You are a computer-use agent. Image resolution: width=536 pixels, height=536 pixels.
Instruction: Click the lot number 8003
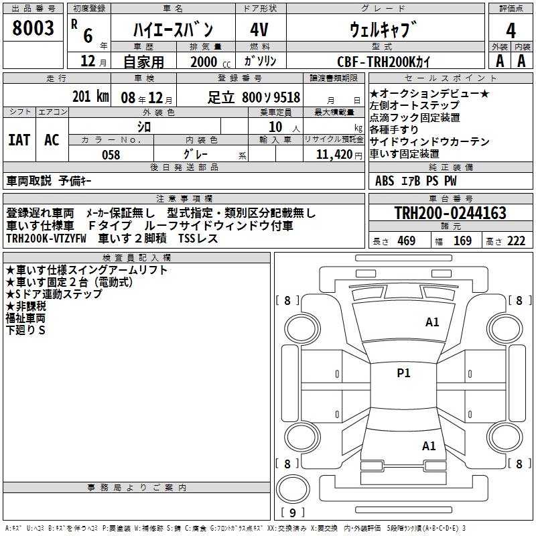click(33, 29)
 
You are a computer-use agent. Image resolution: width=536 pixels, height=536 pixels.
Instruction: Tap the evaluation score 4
click(511, 30)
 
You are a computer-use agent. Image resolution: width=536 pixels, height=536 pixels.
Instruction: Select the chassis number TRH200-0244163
click(450, 213)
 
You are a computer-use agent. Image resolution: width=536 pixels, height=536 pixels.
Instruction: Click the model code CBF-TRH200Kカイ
click(384, 61)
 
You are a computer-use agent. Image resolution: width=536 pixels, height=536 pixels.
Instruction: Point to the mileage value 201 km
click(90, 96)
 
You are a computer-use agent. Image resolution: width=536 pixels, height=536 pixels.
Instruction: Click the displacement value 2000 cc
click(205, 62)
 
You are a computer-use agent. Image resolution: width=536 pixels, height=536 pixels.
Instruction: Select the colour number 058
click(111, 155)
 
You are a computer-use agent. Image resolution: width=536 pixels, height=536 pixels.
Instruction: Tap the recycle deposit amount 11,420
click(334, 154)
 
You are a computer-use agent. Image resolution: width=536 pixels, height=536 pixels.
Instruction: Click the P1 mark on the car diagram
click(403, 373)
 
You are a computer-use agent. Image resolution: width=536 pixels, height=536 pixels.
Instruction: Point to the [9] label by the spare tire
click(293, 513)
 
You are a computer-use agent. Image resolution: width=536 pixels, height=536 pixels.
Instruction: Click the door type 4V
click(260, 30)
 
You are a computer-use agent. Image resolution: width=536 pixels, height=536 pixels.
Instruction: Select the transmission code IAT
click(19, 140)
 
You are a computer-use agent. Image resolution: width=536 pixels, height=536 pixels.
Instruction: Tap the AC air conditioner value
click(52, 140)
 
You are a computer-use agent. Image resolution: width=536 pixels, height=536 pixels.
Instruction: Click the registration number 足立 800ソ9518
click(253, 97)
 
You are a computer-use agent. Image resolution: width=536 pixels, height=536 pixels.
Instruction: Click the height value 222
click(516, 241)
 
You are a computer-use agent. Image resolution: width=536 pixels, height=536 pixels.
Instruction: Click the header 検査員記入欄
click(137, 257)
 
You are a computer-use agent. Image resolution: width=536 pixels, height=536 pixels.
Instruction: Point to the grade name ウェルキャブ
click(383, 29)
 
